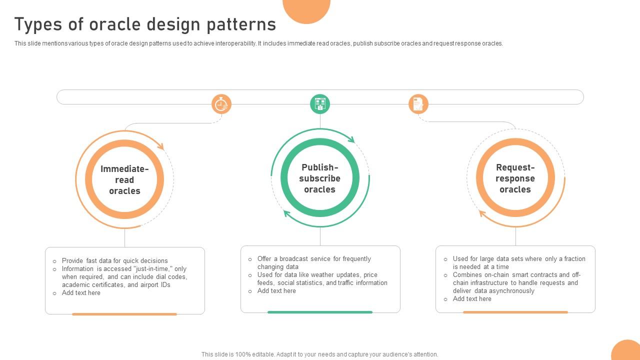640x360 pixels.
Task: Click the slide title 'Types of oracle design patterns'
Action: coord(145,24)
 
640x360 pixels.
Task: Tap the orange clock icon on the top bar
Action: coord(221,104)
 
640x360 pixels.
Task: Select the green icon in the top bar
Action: coord(320,104)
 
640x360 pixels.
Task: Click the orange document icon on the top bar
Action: coord(418,104)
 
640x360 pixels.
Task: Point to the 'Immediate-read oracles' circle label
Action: coord(124,180)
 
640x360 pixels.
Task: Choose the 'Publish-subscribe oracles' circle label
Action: coord(320,178)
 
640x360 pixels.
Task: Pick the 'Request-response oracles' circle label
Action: coord(515,178)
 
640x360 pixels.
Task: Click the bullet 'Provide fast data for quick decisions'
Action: coord(114,260)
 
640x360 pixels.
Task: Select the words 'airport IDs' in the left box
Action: coord(155,284)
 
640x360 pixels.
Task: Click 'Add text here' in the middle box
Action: coord(276,290)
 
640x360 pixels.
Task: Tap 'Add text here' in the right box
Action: coord(472,298)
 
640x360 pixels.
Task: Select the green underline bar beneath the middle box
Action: coord(320,312)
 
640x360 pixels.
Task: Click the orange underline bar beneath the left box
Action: coord(124,314)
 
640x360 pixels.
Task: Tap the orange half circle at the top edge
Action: coord(306,9)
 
